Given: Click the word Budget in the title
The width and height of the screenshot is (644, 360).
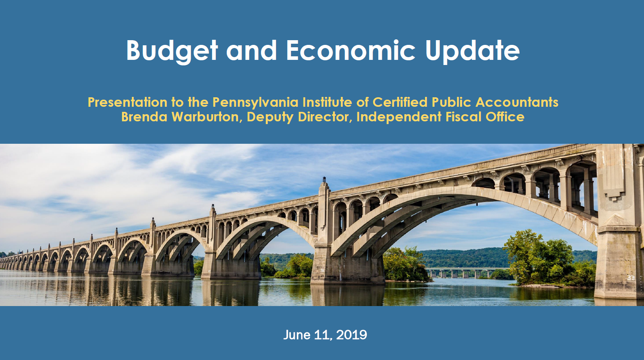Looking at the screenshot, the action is [172, 51].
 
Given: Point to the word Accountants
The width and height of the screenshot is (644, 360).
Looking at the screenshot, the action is [516, 102].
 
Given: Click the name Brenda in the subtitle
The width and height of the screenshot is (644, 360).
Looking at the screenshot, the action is [144, 117].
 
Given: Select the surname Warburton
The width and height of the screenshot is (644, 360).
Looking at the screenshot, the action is [207, 117].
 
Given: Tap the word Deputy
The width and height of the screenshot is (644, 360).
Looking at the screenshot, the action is [270, 117].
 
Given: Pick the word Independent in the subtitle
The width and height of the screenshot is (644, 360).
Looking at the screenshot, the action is [399, 117].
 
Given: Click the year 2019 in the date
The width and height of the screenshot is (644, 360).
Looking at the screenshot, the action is [351, 335].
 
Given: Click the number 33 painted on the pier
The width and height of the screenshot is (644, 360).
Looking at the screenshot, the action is [631, 278].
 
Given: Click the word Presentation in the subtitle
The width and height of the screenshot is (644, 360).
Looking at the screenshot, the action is [128, 102].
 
